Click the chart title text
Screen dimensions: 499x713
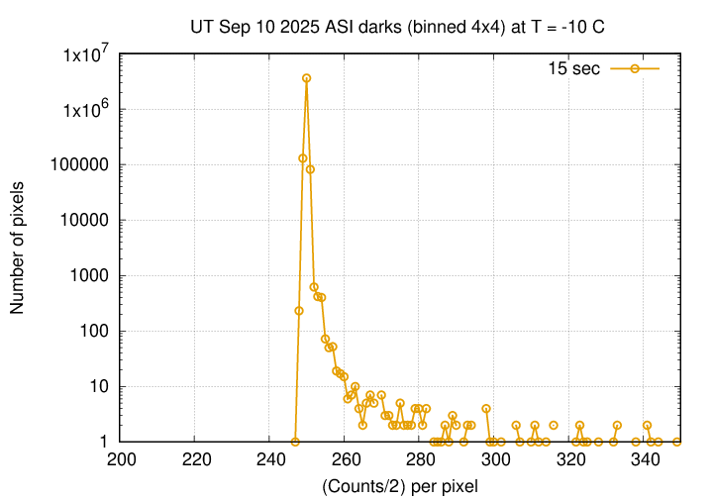coord(397,27)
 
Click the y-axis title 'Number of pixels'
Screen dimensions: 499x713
coord(18,248)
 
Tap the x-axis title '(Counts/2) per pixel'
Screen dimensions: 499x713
coord(399,485)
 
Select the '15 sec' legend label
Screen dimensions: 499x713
coord(573,68)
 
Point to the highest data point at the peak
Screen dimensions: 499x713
coord(307,77)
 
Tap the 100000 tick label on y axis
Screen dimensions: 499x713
coord(82,165)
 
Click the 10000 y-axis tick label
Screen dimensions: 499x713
coord(86,221)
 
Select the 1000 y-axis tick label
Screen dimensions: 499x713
coord(90,276)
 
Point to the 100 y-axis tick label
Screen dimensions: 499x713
coord(94,332)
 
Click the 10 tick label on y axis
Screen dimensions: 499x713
coord(98,387)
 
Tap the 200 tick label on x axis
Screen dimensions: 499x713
coord(121,459)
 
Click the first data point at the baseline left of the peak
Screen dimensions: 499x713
coord(295,442)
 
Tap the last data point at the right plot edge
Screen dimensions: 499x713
coord(676,442)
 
